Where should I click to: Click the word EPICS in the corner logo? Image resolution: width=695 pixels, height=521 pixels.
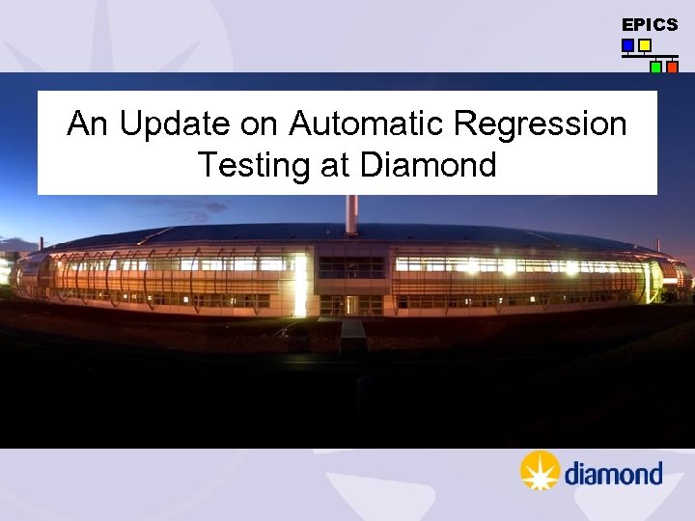[650, 25]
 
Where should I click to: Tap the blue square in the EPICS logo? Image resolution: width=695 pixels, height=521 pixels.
[627, 45]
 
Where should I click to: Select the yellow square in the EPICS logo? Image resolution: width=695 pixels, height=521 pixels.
[645, 45]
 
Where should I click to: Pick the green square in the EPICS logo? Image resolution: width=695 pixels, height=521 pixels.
[655, 68]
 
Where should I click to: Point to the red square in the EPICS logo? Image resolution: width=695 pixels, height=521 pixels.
[673, 68]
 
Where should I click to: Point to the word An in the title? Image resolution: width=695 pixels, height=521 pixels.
[82, 124]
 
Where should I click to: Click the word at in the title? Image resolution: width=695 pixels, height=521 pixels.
[334, 166]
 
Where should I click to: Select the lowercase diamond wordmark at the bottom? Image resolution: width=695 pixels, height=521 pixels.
[613, 474]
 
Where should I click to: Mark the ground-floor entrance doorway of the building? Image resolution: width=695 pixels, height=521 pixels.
[351, 305]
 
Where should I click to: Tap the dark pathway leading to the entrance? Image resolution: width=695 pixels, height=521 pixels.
[352, 333]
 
